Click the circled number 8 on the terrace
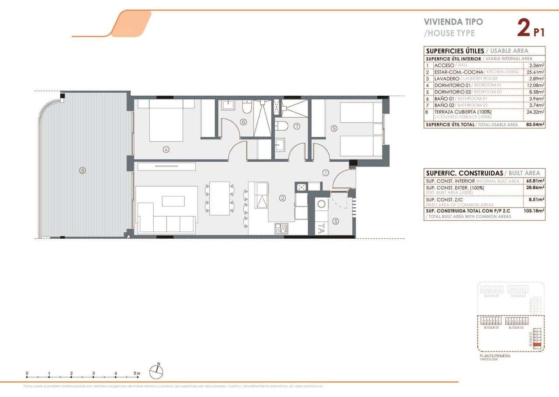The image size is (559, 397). (82, 171)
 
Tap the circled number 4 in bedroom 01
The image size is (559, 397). (166, 150)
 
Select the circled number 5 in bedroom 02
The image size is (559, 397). (334, 129)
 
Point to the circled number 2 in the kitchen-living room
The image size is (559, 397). (283, 198)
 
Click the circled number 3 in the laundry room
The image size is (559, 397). (335, 221)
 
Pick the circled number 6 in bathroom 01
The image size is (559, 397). (243, 122)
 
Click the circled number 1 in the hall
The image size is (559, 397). (326, 172)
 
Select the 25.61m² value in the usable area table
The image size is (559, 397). (535, 72)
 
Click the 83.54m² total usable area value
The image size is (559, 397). (535, 125)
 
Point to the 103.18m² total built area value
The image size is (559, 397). (534, 210)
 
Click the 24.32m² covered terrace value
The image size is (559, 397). (535, 112)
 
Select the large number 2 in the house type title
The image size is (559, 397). (522, 27)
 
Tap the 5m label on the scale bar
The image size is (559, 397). (138, 373)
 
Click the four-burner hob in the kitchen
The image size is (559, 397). (281, 228)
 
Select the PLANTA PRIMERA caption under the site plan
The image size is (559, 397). (494, 356)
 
